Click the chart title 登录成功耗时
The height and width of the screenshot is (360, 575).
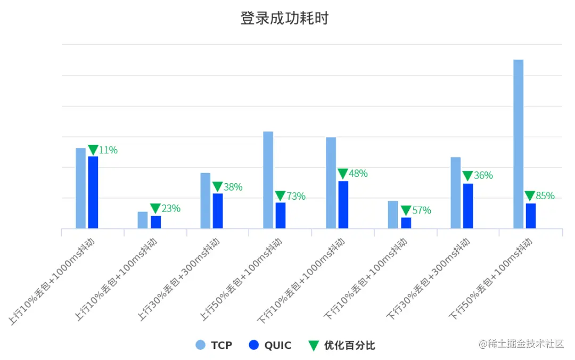tap(284, 19)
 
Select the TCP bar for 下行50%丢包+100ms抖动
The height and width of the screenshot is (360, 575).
tap(518, 144)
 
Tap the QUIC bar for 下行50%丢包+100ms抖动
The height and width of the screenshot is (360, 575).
tap(531, 216)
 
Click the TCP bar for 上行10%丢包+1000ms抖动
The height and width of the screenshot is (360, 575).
tap(80, 188)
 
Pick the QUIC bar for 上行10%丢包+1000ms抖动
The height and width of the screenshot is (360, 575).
tap(93, 192)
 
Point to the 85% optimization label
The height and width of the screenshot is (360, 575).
tap(545, 196)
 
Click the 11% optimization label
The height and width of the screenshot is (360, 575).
tap(108, 150)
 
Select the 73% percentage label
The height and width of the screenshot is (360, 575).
tap(295, 197)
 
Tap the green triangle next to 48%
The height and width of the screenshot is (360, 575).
tap(343, 174)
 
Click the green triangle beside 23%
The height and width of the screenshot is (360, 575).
tap(155, 208)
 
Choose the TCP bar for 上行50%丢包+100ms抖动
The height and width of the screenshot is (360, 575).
tap(268, 180)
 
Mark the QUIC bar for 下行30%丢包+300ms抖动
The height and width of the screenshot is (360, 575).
tap(468, 206)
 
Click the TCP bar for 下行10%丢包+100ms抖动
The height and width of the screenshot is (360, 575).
tap(393, 215)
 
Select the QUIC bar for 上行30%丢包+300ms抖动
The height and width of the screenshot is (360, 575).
tap(218, 211)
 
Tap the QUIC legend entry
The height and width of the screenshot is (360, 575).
tap(270, 345)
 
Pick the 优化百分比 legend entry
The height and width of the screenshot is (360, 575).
tap(342, 345)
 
